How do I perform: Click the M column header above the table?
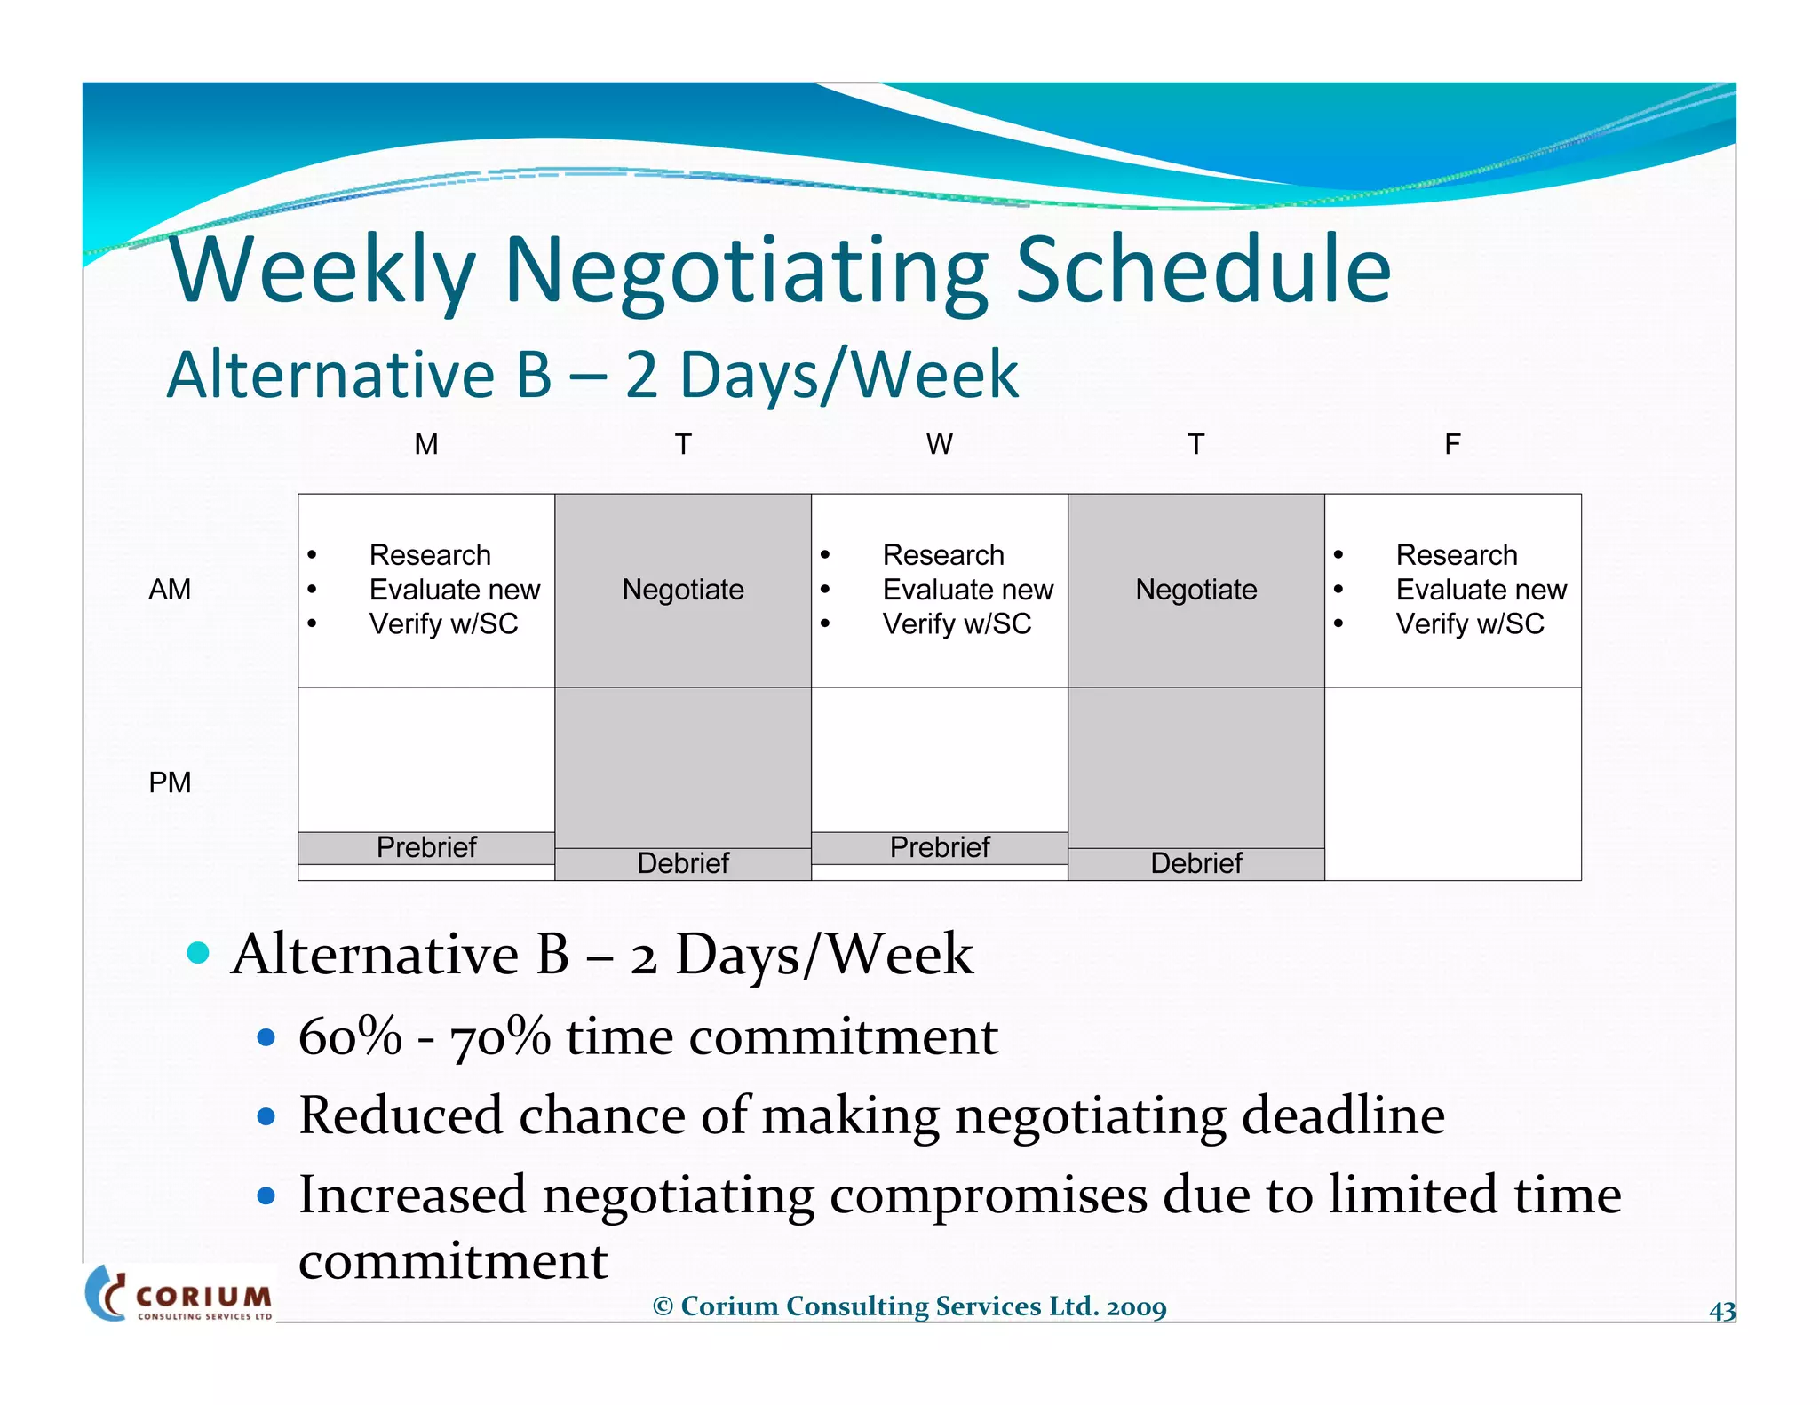426,444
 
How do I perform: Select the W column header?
939,444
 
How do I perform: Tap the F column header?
1452,444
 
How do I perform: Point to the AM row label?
170,590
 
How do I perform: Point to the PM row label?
170,782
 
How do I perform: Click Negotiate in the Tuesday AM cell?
683,590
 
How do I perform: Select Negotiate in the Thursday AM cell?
1195,590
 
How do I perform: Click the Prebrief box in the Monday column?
426,847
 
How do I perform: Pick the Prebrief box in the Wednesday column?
939,847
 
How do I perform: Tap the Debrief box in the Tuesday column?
683,863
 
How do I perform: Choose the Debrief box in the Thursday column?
1195,863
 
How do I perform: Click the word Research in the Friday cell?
1457,555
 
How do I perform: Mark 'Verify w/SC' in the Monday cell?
443,624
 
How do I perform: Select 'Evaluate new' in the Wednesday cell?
967,590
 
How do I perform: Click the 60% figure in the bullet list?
350,1036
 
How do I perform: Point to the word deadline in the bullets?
1343,1115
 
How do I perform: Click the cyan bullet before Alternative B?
198,954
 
